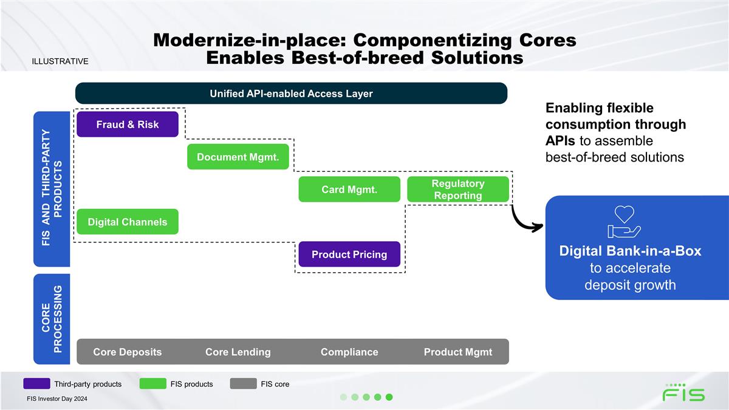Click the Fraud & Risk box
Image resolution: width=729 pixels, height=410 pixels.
(128, 125)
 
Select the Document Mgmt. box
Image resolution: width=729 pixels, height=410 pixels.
(238, 157)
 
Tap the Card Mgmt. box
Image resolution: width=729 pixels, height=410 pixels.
(349, 190)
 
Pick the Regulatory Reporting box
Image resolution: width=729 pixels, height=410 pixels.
(458, 190)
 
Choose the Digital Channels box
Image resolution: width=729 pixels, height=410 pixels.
(128, 222)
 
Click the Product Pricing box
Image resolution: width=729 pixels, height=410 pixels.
(349, 254)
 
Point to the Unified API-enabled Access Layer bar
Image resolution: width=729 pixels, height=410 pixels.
(291, 94)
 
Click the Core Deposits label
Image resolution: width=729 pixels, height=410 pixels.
(128, 352)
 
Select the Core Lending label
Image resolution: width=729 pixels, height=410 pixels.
(238, 352)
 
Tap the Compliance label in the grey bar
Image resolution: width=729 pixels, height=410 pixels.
(349, 352)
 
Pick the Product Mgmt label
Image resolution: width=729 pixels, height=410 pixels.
(458, 352)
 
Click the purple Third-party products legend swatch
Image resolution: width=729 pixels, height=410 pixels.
(36, 384)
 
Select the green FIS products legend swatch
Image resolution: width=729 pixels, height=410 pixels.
(152, 384)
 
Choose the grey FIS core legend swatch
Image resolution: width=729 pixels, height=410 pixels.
(243, 384)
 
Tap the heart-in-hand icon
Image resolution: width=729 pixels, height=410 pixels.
(625, 222)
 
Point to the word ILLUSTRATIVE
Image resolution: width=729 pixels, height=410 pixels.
(60, 61)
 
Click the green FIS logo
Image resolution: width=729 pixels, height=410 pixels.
(683, 392)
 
